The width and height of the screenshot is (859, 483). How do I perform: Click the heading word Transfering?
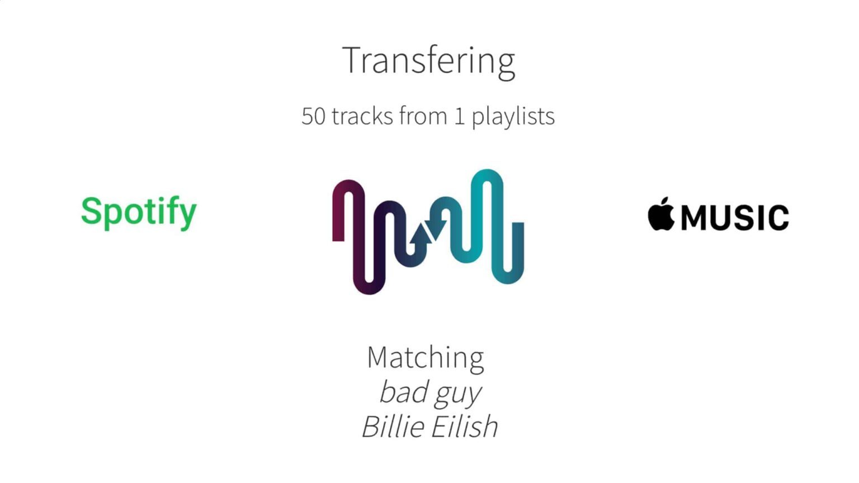coord(428,61)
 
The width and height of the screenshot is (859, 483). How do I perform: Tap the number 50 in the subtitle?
coord(313,116)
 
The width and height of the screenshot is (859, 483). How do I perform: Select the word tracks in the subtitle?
coord(362,116)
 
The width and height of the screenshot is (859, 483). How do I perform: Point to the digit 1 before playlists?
coord(459,116)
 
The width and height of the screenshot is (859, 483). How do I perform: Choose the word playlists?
coord(513,116)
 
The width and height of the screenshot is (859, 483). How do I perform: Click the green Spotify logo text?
coord(139,212)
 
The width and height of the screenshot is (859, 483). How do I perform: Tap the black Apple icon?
coord(660,214)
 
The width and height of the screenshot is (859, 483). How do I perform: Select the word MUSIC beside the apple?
coord(735,217)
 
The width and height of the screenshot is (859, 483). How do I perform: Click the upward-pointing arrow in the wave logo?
coord(421,235)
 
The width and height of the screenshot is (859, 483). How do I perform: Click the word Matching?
coord(425,357)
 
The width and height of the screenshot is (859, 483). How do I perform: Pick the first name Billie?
coord(393,427)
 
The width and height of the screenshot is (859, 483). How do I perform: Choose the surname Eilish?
coord(464,427)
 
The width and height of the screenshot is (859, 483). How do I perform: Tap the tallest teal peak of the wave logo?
coord(487,176)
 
